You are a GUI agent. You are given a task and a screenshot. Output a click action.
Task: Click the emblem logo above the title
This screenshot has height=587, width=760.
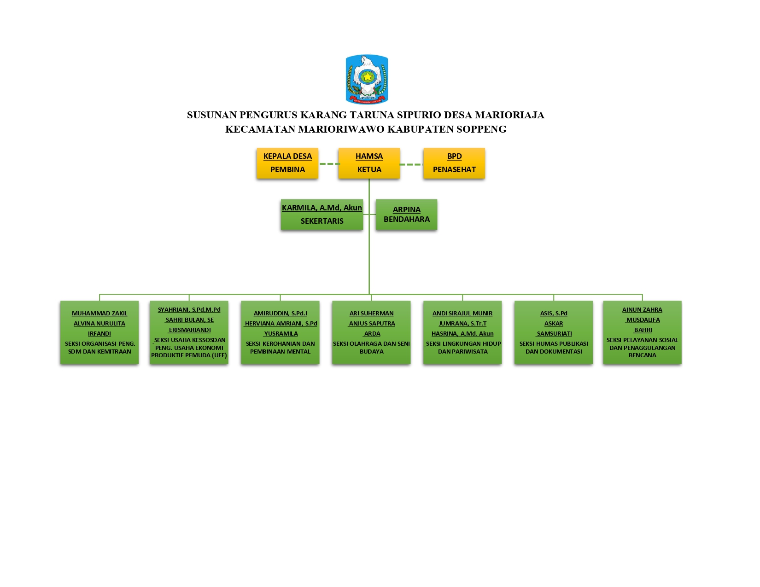click(367, 79)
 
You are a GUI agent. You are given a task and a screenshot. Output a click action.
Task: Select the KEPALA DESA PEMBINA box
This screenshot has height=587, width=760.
click(287, 163)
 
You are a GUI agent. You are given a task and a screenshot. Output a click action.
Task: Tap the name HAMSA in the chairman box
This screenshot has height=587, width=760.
click(369, 156)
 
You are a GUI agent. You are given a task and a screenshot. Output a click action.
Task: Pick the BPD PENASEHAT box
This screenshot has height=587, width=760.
click(454, 163)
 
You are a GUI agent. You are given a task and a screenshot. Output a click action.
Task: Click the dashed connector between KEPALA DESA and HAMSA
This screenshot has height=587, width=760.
click(329, 163)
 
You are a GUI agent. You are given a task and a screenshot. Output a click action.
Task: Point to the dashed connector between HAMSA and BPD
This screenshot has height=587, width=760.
click(411, 164)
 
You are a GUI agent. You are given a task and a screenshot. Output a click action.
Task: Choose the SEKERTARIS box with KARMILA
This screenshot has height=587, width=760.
click(322, 215)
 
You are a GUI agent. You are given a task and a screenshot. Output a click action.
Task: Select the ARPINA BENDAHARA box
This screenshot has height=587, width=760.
click(406, 215)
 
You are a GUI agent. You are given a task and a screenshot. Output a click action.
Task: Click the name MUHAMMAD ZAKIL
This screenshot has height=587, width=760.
click(99, 313)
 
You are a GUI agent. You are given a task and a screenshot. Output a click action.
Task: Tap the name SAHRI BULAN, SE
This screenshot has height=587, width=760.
click(190, 320)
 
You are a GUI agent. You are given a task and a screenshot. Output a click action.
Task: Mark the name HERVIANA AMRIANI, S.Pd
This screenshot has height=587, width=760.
click(281, 323)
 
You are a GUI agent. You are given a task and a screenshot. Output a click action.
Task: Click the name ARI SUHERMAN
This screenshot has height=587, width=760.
click(371, 313)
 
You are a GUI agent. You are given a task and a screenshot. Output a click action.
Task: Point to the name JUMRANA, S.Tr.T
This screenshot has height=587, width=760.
click(462, 323)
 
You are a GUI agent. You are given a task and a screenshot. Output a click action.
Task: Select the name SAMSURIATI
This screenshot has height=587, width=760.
click(555, 333)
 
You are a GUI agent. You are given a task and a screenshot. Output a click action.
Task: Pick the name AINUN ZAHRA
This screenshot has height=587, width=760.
click(642, 309)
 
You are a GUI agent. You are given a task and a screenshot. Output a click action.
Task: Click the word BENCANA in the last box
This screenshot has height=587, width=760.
click(642, 355)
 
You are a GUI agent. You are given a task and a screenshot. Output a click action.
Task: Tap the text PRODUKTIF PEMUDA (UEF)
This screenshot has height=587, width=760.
click(189, 355)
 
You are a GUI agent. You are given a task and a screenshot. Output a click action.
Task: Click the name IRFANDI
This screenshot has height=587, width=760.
click(99, 333)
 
